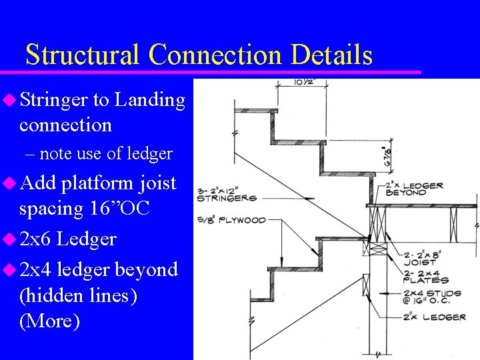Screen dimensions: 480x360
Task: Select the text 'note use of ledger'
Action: point(105,154)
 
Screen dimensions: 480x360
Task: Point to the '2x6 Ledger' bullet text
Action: point(68,239)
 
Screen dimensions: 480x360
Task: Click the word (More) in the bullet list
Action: point(50,321)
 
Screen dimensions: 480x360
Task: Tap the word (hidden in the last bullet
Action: point(57,295)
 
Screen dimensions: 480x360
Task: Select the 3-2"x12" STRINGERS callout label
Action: point(227,194)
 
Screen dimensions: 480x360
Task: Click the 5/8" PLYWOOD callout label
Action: point(231,220)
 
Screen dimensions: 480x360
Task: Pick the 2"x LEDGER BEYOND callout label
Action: point(415,189)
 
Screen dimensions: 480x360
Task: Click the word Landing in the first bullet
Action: point(149,100)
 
